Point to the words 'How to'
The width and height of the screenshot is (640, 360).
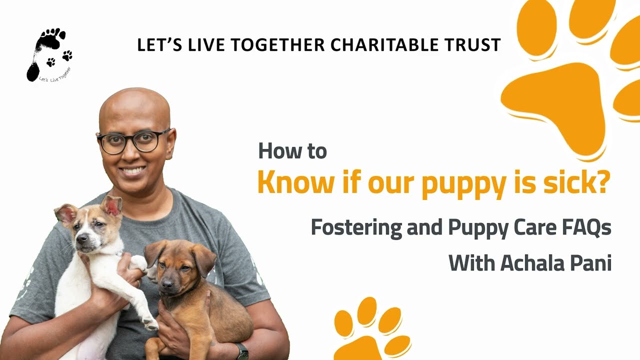coord(292,151)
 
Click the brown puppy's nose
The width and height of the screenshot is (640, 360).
coord(166,283)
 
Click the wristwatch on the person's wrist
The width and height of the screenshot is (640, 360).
coord(242,351)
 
